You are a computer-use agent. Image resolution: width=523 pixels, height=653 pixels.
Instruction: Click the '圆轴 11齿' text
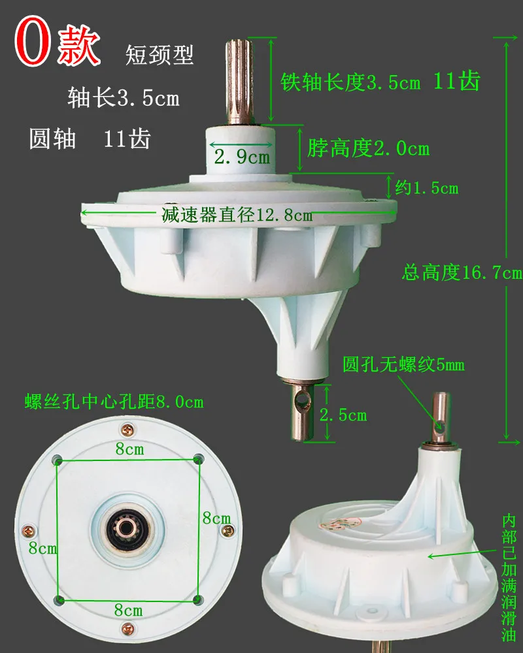(90, 139)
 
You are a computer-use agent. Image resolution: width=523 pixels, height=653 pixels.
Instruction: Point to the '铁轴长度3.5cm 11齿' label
(380, 82)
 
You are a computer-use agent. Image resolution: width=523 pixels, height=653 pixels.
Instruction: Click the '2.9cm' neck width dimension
(242, 156)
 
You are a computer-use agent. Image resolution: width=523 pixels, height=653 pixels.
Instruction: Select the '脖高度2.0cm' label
(368, 149)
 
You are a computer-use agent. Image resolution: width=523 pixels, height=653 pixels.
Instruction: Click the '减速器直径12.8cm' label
(237, 215)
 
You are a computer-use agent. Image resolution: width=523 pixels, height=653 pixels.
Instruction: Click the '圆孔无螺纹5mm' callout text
(403, 364)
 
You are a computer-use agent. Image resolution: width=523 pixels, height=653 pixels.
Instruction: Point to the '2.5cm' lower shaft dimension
(343, 414)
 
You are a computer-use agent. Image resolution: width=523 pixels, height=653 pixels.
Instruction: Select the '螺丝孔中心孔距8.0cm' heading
(114, 401)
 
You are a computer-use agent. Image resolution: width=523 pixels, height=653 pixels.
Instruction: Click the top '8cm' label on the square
(129, 449)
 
